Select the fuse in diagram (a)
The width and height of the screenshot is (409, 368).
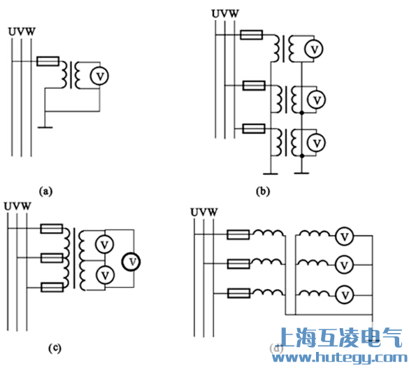coord(48,62)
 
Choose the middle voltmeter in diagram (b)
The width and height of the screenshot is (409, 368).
coord(316,99)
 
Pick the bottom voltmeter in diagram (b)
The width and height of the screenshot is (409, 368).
coord(316,143)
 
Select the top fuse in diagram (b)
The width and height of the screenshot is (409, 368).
coord(251,34)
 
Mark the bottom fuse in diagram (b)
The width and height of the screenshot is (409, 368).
coord(251,129)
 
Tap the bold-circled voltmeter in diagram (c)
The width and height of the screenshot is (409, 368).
coord(131,261)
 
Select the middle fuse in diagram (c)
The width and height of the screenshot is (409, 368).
coord(52,258)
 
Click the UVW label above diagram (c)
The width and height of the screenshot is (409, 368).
coord(17,206)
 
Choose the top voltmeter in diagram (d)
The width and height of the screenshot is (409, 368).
coord(343,237)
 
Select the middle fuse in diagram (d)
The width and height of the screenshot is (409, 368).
coord(238,264)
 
